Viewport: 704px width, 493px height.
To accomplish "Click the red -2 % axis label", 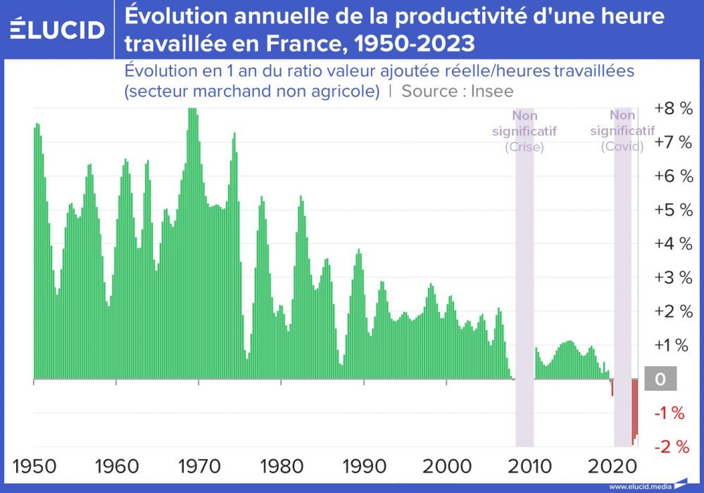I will tap(670, 447).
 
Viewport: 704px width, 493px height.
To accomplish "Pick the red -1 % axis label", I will tap(670, 413).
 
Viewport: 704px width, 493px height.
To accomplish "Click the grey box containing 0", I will tap(660, 380).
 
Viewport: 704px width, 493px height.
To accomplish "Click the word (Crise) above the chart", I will tap(524, 147).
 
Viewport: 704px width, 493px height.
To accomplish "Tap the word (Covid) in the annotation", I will tap(622, 146).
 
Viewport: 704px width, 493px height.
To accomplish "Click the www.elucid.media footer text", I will tap(639, 486).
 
